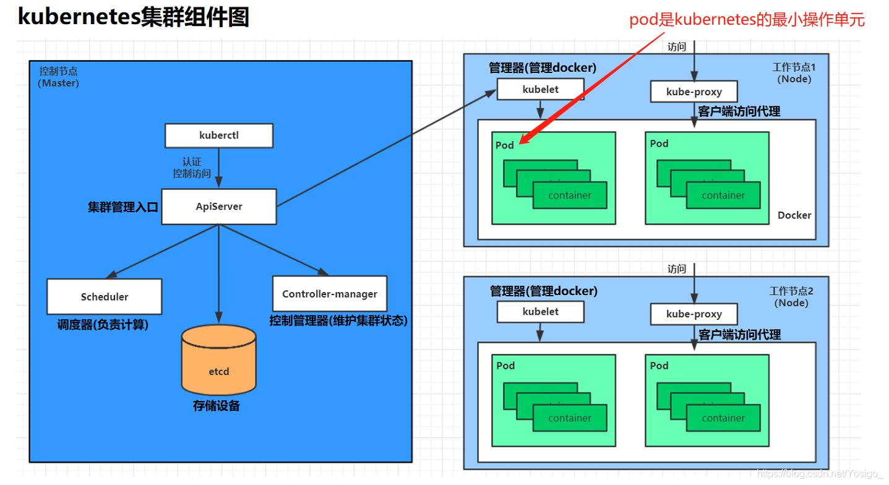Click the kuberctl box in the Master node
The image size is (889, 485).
218,135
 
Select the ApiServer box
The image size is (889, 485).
219,207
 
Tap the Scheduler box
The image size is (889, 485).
105,296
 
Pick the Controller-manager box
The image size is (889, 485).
329,294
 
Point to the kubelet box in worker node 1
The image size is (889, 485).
540,89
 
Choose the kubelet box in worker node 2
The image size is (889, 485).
540,312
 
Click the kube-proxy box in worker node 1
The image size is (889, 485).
694,92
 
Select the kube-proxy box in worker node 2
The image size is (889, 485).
694,314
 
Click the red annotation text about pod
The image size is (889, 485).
747,20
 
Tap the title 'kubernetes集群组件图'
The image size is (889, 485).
133,17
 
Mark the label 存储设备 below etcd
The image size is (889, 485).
216,406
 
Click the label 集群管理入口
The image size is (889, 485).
122,207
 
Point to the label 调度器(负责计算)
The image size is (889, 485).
103,324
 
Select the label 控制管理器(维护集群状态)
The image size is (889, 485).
338,321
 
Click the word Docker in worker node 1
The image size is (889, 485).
794,215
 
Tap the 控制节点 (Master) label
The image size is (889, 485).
59,77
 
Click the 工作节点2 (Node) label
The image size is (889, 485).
791,297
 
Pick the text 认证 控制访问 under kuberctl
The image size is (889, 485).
192,168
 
